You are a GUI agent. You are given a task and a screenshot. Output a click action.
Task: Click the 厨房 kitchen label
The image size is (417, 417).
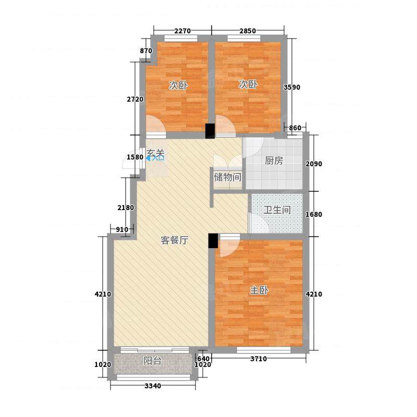point(274,161)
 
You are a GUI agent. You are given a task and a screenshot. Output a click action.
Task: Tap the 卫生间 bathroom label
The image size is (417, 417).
point(277,210)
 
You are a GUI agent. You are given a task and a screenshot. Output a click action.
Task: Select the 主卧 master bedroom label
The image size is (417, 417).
point(259,290)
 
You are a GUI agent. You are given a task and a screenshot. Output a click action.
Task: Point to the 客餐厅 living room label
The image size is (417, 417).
point(175,240)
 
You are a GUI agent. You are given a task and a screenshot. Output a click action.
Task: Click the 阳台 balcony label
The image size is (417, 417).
point(152,361)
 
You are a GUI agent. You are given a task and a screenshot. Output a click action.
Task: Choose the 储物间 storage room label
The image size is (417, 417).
point(228,177)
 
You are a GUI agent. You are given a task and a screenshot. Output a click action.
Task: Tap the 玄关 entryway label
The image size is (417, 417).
point(155,153)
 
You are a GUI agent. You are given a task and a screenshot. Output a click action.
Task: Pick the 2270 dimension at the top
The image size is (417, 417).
point(182,31)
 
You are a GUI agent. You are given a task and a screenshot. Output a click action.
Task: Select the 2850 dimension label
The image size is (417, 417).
point(248,31)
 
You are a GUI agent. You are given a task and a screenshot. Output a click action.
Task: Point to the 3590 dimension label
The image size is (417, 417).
point(292,87)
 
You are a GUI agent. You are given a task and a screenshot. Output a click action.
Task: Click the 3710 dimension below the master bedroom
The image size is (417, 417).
point(259,359)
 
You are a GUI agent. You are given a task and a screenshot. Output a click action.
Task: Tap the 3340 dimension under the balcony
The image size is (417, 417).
point(153,386)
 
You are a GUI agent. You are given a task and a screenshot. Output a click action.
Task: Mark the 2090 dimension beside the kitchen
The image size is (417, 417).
point(314,164)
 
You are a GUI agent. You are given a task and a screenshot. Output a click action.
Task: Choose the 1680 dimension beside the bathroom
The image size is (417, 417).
point(314,214)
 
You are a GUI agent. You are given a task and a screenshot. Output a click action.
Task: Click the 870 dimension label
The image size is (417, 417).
point(146,51)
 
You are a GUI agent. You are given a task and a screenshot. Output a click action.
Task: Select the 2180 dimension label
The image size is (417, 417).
point(126,207)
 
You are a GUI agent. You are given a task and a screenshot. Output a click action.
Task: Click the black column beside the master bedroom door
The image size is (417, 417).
point(213,241)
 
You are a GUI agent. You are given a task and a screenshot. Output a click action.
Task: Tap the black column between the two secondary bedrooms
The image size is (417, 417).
point(210,131)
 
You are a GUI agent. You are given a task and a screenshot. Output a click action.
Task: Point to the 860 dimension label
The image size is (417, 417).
point(295,128)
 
